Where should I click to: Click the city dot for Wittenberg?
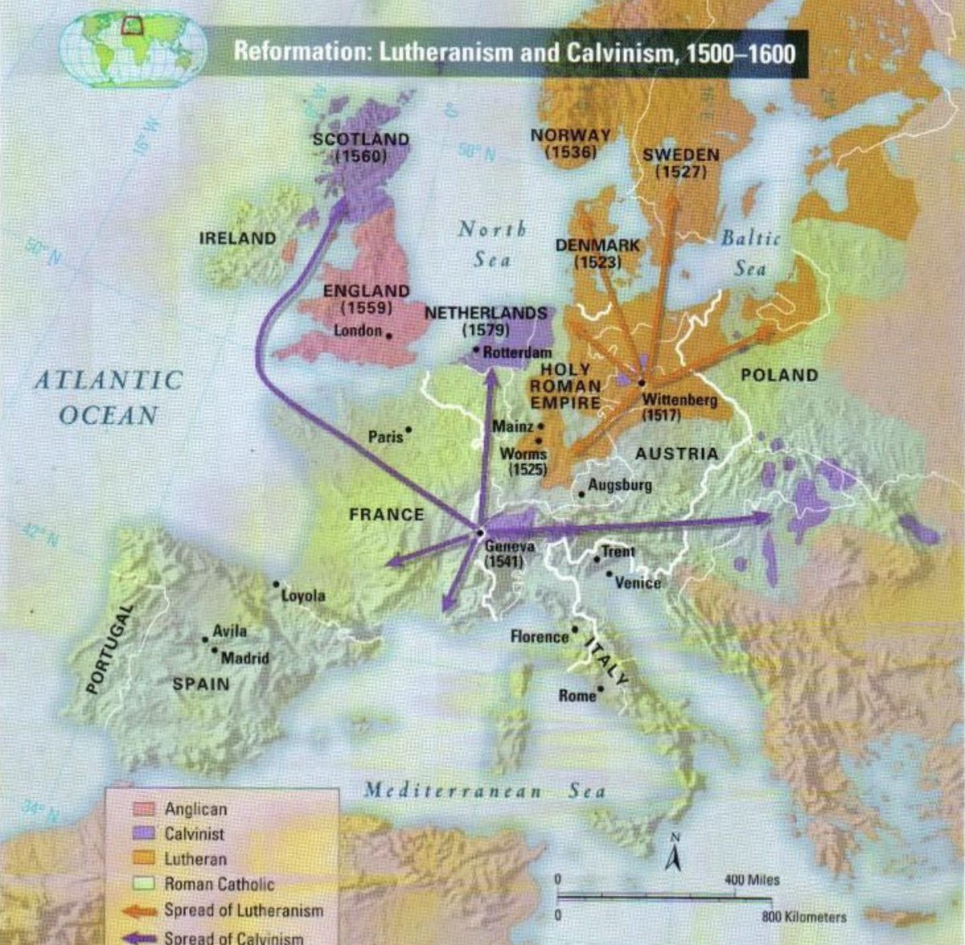642,383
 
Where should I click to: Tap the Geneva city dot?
479,532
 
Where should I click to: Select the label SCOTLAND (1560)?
360,147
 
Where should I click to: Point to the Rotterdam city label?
517,352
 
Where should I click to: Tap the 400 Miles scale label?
752,880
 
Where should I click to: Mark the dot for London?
388,335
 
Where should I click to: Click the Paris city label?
385,438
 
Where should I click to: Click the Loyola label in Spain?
303,596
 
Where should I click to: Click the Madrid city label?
244,658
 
